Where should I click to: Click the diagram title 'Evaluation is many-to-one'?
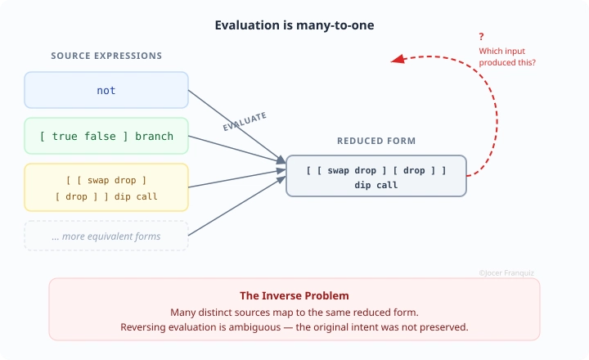point(294,25)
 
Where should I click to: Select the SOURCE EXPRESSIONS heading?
point(106,56)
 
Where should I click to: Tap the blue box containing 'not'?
point(106,90)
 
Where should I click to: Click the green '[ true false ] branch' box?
point(106,136)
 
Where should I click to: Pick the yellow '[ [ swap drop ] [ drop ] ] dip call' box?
point(106,187)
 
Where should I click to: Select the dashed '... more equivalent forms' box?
point(106,236)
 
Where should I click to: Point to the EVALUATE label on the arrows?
point(245,122)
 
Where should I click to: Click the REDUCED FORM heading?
point(376,141)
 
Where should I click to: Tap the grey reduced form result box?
point(376,176)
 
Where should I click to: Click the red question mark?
point(481,37)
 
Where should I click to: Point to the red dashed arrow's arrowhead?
point(396,59)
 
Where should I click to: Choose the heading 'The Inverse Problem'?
point(294,295)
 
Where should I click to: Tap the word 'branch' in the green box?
point(155,136)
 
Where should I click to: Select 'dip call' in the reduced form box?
point(376,185)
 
